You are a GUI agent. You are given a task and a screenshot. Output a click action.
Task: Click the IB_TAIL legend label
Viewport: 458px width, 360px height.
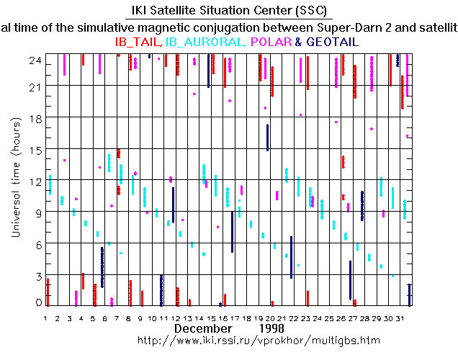point(138,42)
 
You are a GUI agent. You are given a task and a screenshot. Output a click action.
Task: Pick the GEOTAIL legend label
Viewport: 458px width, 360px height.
point(332,42)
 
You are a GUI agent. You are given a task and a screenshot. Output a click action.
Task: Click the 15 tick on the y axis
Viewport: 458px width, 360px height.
point(34,149)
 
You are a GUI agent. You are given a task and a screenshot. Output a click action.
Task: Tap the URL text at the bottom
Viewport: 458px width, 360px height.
point(257,339)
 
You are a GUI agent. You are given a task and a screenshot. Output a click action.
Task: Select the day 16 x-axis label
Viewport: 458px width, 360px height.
point(225,318)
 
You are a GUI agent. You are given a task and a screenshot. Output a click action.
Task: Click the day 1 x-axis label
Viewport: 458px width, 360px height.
point(45,318)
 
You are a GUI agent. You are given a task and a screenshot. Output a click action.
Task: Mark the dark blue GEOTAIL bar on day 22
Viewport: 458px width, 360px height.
point(291,257)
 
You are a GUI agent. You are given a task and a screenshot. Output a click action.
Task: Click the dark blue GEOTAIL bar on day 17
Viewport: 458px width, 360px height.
point(232,232)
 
